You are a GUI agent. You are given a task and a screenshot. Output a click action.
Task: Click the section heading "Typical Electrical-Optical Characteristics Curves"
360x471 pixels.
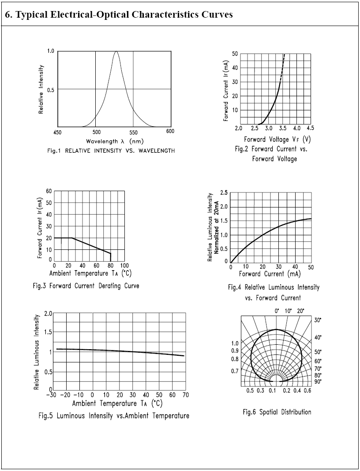tap(119, 15)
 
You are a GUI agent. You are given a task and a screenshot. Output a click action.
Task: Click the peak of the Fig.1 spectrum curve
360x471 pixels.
tap(116, 52)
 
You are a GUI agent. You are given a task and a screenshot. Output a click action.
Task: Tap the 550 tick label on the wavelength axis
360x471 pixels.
tap(134, 132)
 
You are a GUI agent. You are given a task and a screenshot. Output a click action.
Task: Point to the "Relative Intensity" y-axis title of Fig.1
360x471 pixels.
tap(41, 89)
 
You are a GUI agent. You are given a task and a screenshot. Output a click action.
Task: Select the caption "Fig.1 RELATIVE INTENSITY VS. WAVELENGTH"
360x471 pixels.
tap(111, 151)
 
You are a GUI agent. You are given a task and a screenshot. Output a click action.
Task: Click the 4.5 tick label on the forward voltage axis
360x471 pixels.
tap(310, 128)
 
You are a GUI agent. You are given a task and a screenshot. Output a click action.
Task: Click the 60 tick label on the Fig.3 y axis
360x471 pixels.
tap(49, 191)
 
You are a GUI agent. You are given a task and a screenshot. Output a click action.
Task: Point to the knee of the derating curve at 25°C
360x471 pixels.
tap(72, 238)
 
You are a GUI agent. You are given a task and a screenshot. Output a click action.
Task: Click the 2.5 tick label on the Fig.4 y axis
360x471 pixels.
tap(224, 192)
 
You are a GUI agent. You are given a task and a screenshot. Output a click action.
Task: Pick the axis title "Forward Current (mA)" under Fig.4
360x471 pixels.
tap(270, 274)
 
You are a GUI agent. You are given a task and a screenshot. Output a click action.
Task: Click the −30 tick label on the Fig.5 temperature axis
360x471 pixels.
tap(52, 395)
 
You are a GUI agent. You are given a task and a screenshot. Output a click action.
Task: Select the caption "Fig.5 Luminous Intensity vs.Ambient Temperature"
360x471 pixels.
tap(114, 416)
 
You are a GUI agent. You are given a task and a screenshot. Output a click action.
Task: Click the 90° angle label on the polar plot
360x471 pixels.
tap(318, 381)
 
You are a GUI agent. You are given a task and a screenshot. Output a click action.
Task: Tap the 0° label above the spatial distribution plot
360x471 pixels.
tap(277, 311)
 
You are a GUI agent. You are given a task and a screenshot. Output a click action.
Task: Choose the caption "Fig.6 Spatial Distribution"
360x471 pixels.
tap(277, 412)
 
